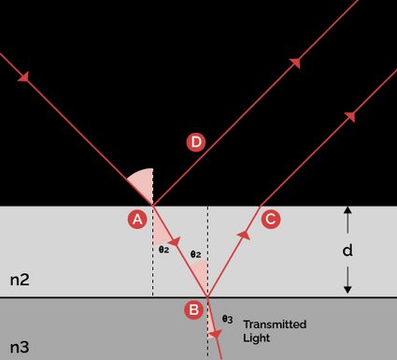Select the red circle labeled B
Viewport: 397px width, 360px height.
(193, 309)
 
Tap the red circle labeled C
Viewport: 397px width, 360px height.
(270, 220)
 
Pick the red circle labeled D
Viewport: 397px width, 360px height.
(195, 142)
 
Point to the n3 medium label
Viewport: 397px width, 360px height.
(21, 348)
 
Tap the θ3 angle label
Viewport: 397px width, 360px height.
(227, 319)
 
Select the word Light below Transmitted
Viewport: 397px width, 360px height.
(256, 337)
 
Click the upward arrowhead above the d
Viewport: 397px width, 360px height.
(347, 213)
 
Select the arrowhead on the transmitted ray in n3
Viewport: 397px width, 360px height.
(216, 335)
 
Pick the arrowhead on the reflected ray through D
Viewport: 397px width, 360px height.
(296, 62)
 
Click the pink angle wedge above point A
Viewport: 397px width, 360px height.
(141, 183)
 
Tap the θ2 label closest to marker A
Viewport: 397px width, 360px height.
(163, 250)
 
